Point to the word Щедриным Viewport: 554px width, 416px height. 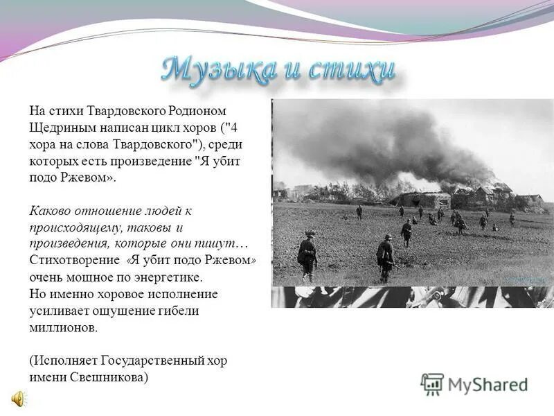[57, 128]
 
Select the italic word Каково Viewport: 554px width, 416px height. [49, 211]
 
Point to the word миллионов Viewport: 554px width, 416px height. [64, 328]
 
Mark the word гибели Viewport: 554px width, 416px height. [176, 311]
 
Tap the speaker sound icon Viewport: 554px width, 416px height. [17, 398]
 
